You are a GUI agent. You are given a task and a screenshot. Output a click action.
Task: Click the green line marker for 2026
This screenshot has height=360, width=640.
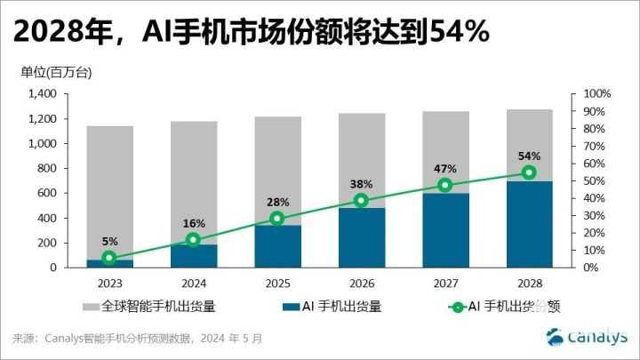coord(360,201)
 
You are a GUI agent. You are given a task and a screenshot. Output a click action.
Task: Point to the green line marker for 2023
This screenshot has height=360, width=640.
coord(108,258)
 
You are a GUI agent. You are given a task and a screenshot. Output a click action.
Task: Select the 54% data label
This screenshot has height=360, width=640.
coord(528,156)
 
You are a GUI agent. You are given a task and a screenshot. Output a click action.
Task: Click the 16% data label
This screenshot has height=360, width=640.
coord(193,223)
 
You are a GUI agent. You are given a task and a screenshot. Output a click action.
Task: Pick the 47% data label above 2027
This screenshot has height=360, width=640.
coord(444,168)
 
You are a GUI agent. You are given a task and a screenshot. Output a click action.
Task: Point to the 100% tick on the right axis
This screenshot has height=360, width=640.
coord(596,94)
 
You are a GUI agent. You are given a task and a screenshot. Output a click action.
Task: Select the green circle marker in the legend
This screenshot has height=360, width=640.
coord(457,308)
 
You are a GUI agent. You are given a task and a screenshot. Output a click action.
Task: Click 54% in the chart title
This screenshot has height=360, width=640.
coord(459,32)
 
